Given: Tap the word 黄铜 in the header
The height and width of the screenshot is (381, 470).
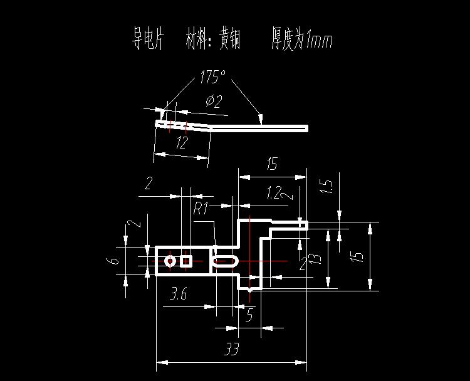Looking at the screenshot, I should [232, 40].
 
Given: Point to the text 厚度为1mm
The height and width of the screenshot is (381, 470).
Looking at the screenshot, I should [301, 40].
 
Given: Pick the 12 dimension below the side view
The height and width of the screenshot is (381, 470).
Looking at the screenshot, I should [182, 143].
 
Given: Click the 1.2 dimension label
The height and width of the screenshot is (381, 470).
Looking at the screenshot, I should [273, 193].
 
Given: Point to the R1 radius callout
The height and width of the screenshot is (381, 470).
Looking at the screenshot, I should [201, 208].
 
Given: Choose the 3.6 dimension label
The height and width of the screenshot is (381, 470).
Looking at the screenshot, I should [178, 293].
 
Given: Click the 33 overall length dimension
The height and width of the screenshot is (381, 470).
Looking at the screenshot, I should [231, 350].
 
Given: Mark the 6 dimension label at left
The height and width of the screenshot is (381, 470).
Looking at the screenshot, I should [112, 261].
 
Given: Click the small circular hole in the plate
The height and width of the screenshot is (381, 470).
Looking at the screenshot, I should [170, 261].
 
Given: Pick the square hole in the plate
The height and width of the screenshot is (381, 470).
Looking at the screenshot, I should [185, 261].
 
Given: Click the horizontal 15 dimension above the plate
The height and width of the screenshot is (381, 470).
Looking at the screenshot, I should [271, 165].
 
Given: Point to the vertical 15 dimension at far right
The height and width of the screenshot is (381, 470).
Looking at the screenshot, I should [357, 256].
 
